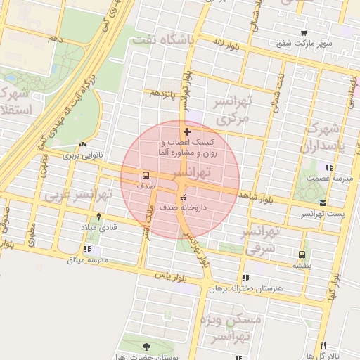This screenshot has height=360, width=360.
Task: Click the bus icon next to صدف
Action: click(146, 174)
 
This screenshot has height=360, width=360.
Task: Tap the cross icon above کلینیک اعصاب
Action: click(187, 131)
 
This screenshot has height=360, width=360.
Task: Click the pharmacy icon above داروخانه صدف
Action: click(184, 198)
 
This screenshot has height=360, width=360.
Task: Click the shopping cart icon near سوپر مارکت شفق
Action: click(304, 33)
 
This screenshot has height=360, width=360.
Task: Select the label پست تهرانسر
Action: click(321, 213)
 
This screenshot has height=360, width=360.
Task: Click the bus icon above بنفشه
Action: click(302, 255)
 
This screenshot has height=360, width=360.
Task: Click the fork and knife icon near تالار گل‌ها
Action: click(323, 345)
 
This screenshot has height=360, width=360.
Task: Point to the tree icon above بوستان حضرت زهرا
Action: click(146, 347)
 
